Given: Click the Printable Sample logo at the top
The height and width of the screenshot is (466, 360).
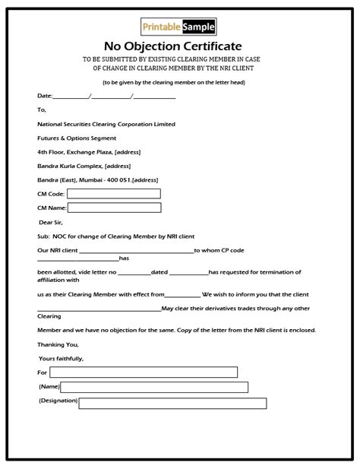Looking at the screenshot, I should pyautogui.click(x=179, y=28).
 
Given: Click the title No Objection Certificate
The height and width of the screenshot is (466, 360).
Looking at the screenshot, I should pyautogui.click(x=179, y=46).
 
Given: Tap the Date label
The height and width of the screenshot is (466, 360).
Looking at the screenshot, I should pyautogui.click(x=45, y=97).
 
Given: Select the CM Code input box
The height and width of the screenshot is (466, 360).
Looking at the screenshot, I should pyautogui.click(x=115, y=194).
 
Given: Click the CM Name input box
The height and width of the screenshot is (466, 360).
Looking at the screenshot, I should pyautogui.click(x=115, y=208).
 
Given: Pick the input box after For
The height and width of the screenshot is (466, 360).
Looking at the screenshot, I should pyautogui.click(x=144, y=372).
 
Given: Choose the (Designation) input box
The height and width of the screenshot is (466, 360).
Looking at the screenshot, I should pyautogui.click(x=172, y=403).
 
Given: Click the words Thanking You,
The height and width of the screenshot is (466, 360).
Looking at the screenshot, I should pyautogui.click(x=58, y=344).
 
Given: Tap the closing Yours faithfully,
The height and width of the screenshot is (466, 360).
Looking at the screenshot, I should pyautogui.click(x=61, y=358).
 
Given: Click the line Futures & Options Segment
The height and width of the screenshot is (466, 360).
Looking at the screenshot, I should pyautogui.click(x=76, y=138).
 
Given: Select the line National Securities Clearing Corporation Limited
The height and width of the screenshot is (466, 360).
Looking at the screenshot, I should pyautogui.click(x=106, y=124).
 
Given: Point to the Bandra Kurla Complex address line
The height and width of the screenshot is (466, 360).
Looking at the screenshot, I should pyautogui.click(x=83, y=166).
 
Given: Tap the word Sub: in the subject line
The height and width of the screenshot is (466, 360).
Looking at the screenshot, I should pyautogui.click(x=43, y=236).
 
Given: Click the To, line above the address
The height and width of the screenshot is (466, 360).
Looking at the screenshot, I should pyautogui.click(x=41, y=110).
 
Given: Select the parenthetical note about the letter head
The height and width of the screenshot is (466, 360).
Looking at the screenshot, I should pyautogui.click(x=179, y=81).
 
